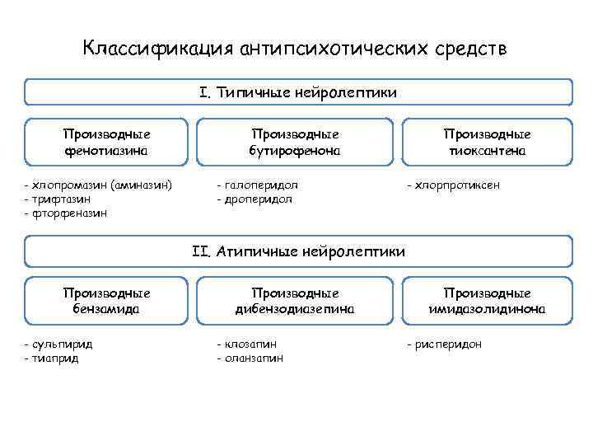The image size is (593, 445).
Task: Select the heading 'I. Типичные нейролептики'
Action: pos(298,92)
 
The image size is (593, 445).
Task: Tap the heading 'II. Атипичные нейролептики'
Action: pos(298,251)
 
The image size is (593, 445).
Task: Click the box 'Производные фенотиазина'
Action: pos(107,142)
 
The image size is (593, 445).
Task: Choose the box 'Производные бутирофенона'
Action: pos(296,142)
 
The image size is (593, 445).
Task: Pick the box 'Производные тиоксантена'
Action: pos(487,142)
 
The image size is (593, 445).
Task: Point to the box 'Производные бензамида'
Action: pos(107,301)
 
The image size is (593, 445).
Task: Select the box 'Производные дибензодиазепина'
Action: pos(296,301)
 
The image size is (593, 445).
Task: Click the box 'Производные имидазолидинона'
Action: pos(487,301)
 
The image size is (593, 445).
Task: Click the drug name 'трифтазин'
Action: pos(62,199)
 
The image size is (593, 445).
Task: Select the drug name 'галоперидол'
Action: pos(260,185)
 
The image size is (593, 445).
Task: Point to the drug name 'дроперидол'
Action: pos(258,199)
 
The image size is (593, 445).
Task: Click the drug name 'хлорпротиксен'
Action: pos(457,185)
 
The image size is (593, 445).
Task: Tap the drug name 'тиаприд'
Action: pos(58,358)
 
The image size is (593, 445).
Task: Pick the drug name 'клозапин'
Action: pos(250,344)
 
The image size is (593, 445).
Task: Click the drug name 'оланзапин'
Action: pos(253,358)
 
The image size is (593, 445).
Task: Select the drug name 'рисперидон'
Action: pos(448,344)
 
